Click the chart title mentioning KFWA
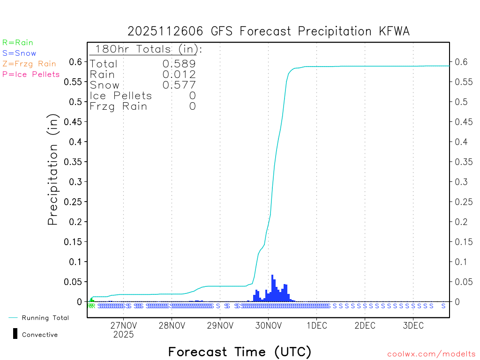pos(269,31)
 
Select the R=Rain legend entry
pos(18,43)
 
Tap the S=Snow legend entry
pos(19,53)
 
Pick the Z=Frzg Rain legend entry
pos(29,64)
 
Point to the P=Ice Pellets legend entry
pos(31,74)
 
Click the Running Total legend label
pos(45,318)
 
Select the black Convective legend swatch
pos(15,334)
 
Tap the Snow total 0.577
pos(179,85)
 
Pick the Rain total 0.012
pos(179,75)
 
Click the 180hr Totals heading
pos(148,49)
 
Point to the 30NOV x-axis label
pos(268,326)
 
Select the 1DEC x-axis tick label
pos(316,326)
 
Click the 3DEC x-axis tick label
pos(412,326)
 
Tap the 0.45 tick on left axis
pos(75,122)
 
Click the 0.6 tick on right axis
pos(457,62)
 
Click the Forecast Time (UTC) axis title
pos(240,352)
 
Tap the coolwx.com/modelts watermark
pos(431,354)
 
